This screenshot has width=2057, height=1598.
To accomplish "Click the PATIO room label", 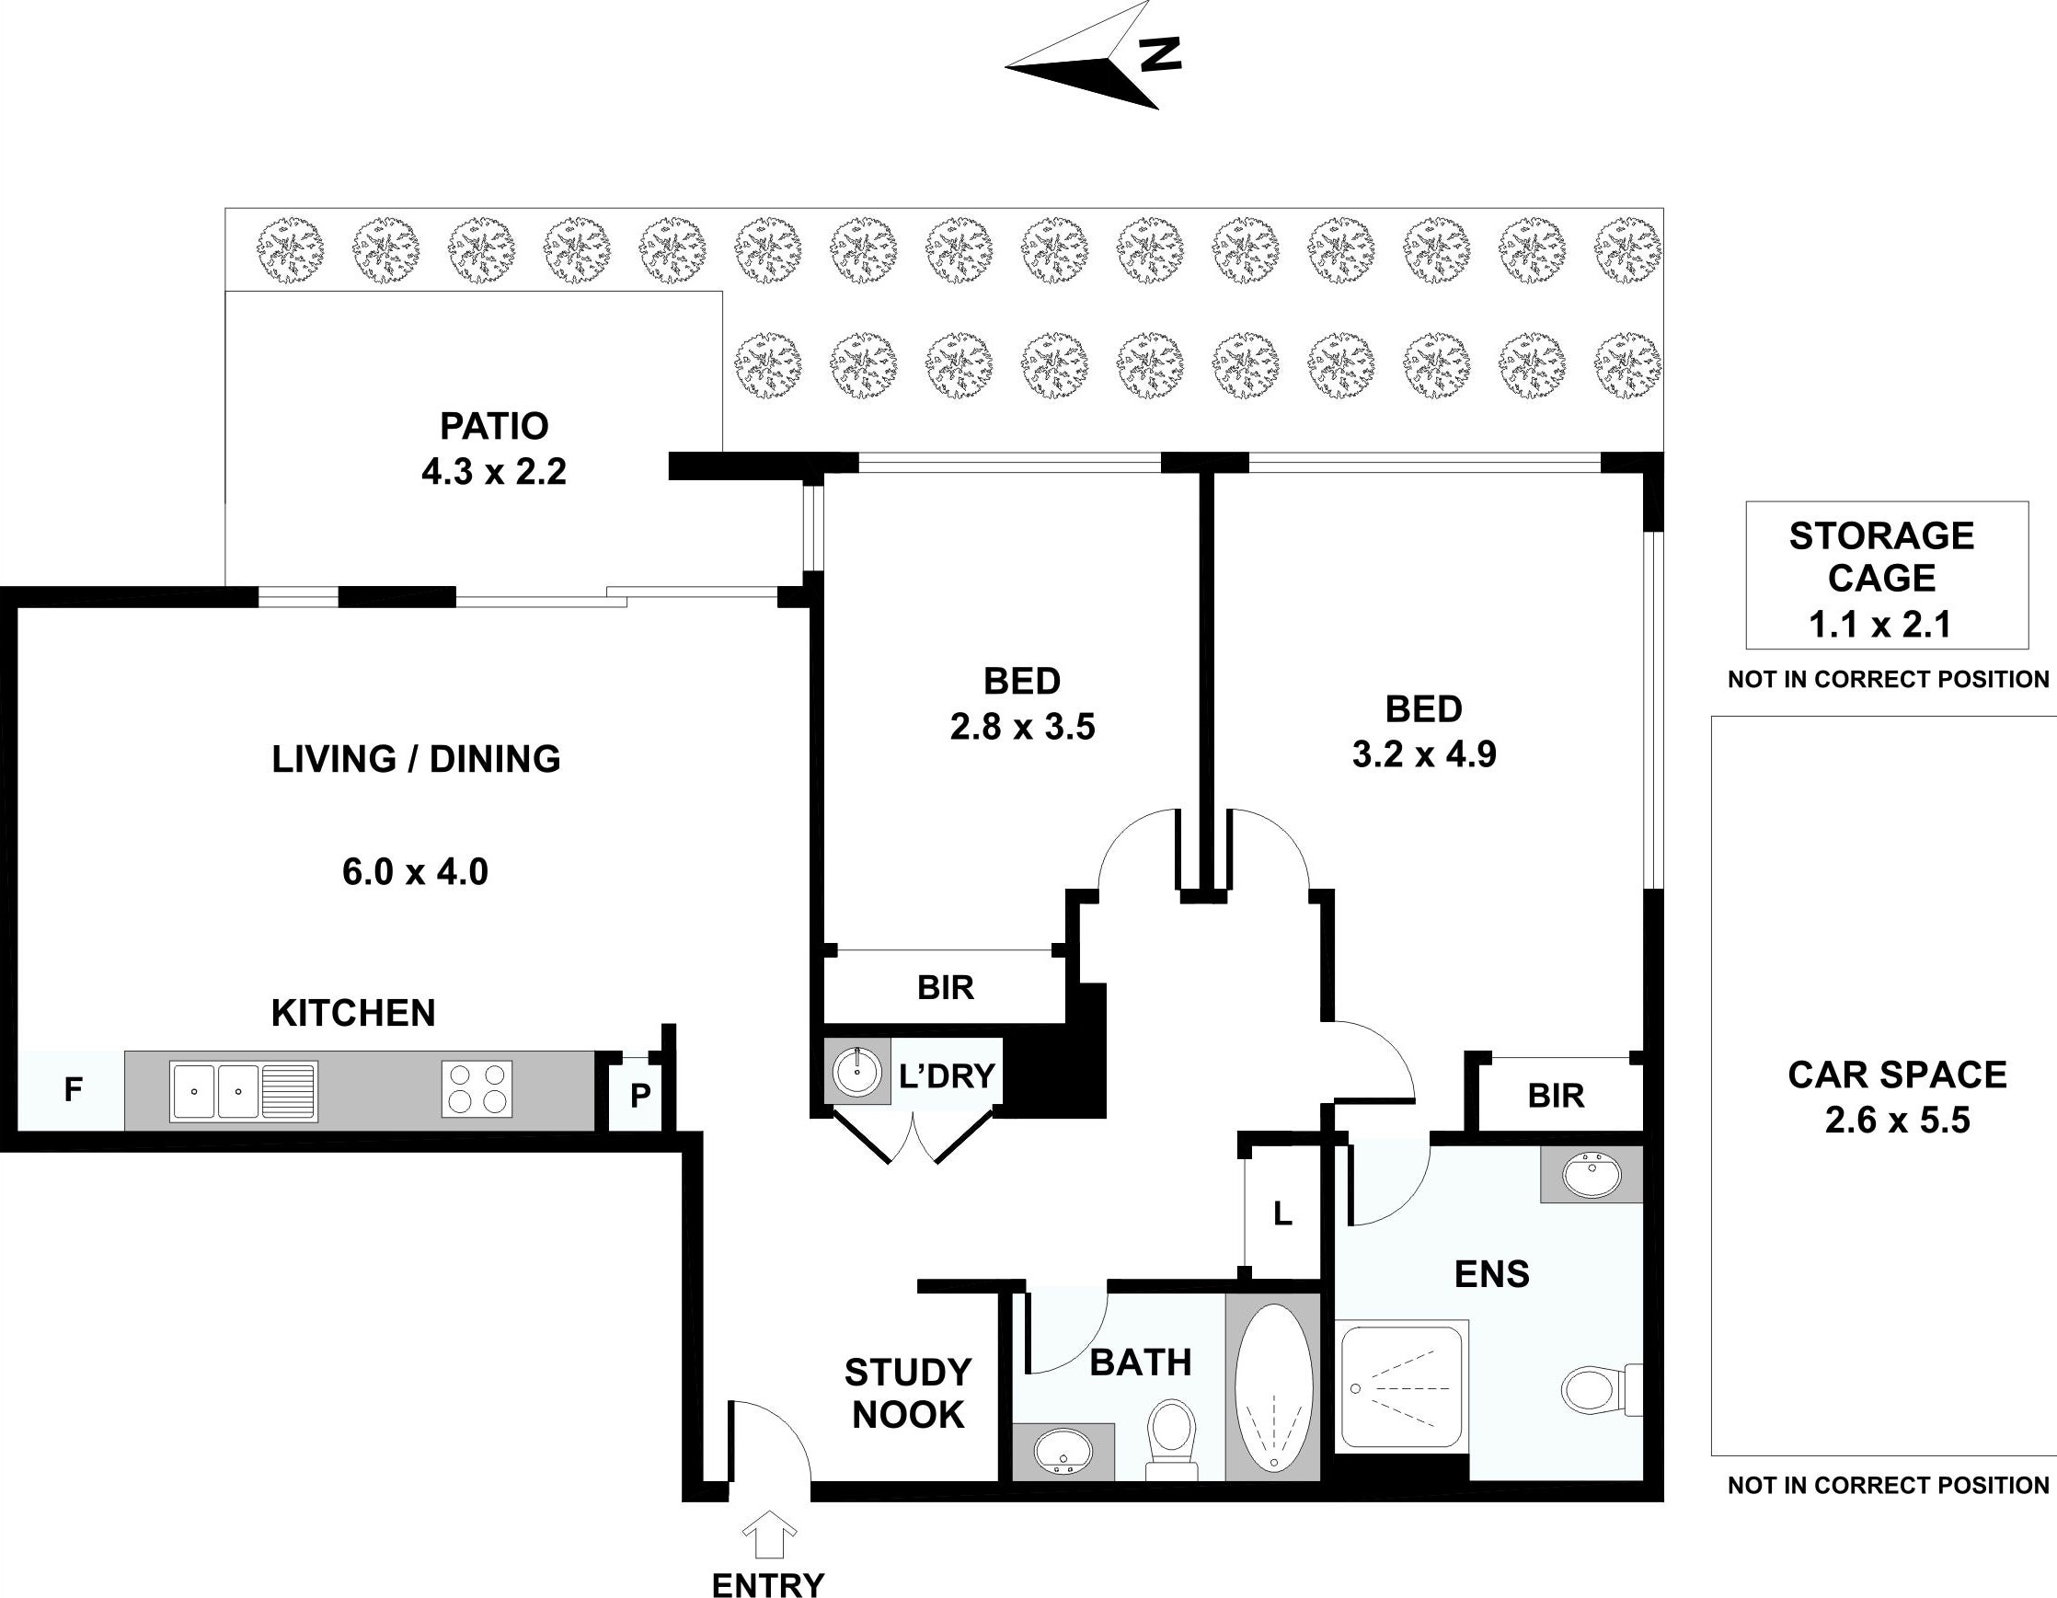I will pyautogui.click(x=493, y=427).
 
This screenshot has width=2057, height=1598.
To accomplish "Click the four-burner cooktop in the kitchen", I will pyautogui.click(x=477, y=1089).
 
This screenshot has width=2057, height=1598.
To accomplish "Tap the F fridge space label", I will pyautogui.click(x=73, y=1089).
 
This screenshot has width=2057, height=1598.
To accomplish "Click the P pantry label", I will pyautogui.click(x=639, y=1095).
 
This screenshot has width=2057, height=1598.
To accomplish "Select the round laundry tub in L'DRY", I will pyautogui.click(x=857, y=1071).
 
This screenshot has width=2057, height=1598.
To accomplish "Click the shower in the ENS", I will pyautogui.click(x=1400, y=1386).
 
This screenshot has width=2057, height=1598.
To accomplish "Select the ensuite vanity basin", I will pyautogui.click(x=1591, y=1174).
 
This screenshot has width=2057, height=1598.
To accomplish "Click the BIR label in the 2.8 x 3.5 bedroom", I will pyautogui.click(x=946, y=987).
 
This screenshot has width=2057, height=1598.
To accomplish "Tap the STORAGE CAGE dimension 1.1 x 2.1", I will pyautogui.click(x=1880, y=624).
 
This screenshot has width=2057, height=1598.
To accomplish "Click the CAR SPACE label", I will pyautogui.click(x=1897, y=1074).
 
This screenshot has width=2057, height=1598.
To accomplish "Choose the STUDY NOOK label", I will pyautogui.click(x=908, y=1393).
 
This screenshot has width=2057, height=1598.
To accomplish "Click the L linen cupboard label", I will pyautogui.click(x=1281, y=1214).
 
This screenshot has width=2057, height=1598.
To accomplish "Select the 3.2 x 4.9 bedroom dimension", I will pyautogui.click(x=1423, y=754).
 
